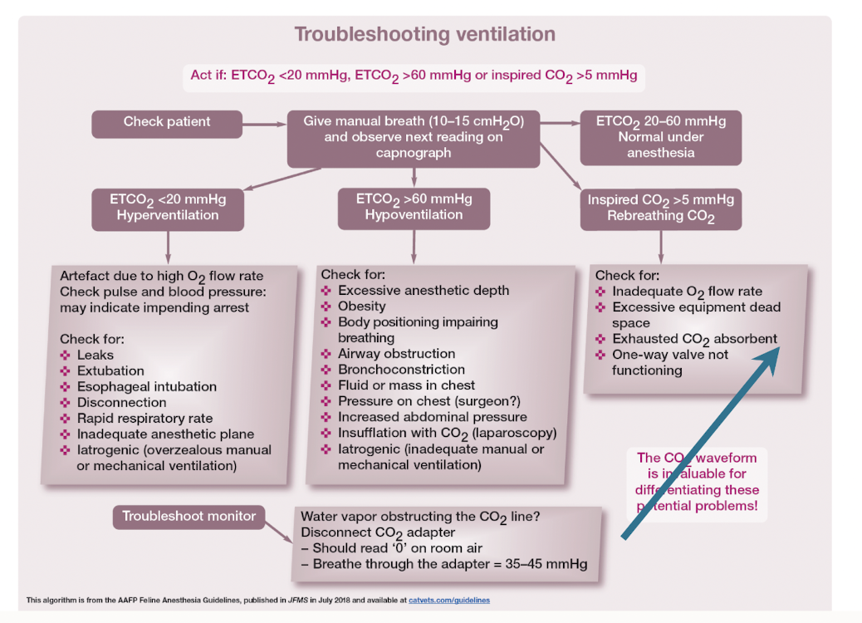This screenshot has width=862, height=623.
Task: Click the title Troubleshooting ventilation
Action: [x=424, y=35]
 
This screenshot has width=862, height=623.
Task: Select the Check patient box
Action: [x=167, y=122]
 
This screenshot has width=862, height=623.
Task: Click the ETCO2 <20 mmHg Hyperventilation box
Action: [x=168, y=207]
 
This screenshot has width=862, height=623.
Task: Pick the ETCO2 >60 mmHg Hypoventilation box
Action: [x=414, y=207]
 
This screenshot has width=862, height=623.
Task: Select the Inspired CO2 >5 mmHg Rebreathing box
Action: [x=660, y=208]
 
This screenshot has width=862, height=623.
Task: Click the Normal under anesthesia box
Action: [x=660, y=137]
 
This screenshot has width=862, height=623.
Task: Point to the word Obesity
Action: [x=361, y=307]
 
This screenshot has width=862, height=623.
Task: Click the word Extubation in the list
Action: [x=110, y=371]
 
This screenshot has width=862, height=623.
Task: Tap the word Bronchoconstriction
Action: [x=401, y=370]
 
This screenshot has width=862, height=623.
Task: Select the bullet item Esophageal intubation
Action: [x=146, y=387]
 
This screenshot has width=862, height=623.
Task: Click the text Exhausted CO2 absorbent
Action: [x=694, y=339]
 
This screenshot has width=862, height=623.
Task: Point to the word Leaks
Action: [x=96, y=356]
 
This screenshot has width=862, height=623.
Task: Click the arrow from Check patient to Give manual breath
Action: [x=264, y=124]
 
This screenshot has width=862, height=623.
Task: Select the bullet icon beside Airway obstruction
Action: [x=326, y=354]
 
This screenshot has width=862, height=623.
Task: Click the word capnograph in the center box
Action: [x=413, y=153]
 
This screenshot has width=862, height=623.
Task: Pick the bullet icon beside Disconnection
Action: [x=66, y=403]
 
